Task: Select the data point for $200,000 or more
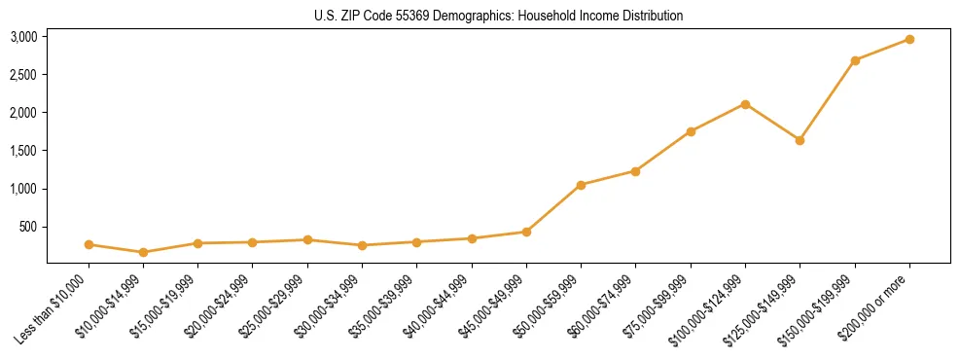[x=909, y=39]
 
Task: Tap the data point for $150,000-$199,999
[x=855, y=60]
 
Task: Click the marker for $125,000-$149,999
[x=800, y=140]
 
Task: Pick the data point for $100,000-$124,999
[x=745, y=104]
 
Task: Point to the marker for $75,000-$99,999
[x=691, y=131]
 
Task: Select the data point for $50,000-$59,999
[x=581, y=185]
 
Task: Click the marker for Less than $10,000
[x=89, y=244]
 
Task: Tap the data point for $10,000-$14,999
[x=143, y=252]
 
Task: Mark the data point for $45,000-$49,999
[x=526, y=232]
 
